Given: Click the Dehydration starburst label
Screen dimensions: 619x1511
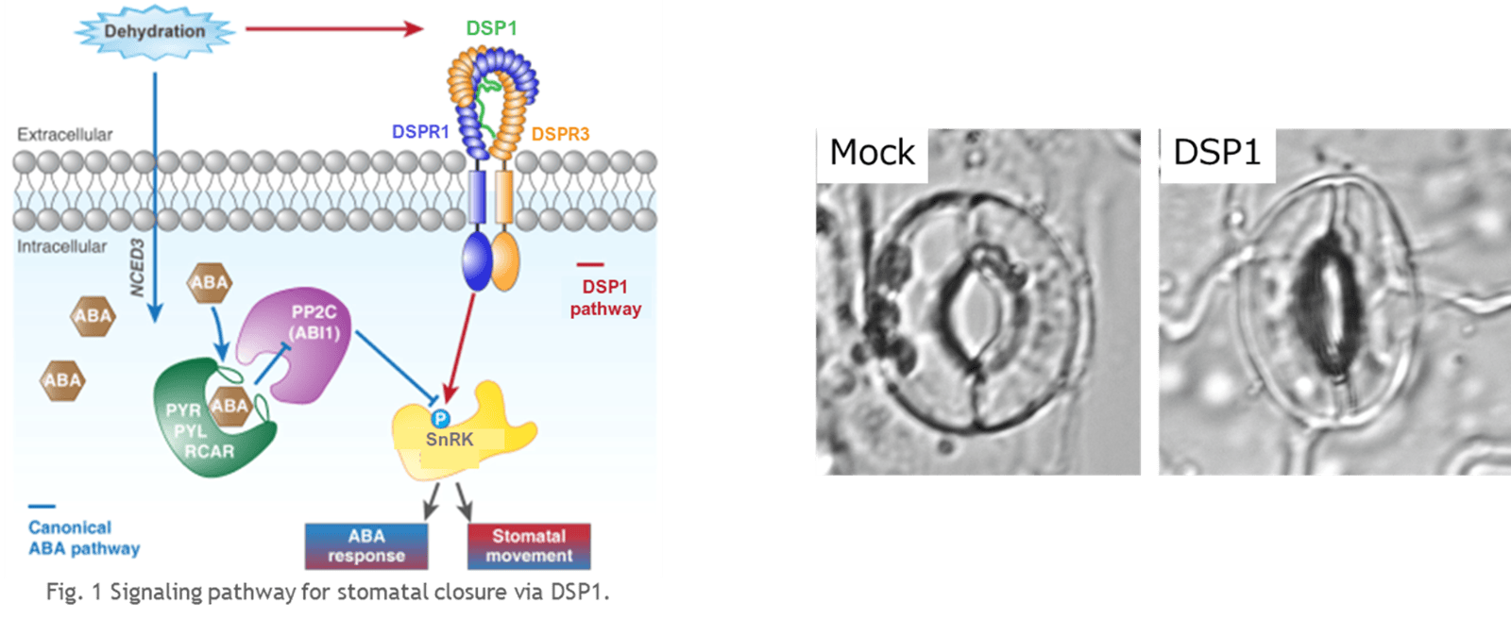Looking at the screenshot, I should (154, 31).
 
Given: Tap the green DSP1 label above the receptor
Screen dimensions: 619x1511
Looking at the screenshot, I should (491, 28).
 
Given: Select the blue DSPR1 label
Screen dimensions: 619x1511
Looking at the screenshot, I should (420, 132).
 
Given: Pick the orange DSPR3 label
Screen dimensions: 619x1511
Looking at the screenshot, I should (560, 134).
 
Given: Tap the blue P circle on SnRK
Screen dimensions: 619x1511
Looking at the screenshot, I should (440, 418).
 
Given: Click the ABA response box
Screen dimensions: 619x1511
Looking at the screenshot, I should (366, 545).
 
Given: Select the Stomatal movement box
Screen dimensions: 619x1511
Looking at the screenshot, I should (529, 545).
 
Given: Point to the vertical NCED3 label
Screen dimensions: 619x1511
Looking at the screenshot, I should (138, 268).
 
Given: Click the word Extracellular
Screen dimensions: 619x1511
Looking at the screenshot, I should (64, 135).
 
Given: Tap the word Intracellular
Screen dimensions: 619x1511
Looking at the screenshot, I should (61, 246).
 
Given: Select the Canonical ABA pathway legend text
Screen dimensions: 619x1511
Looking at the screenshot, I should (83, 538).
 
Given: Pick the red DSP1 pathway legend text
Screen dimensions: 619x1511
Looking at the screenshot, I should (605, 297).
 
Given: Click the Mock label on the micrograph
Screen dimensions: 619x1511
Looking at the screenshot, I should (872, 153).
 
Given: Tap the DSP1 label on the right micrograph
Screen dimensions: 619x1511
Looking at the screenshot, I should (1216, 153).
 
